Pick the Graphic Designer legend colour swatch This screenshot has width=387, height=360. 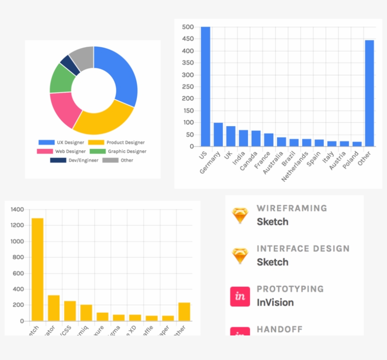point(97,151)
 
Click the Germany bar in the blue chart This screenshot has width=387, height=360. point(218,135)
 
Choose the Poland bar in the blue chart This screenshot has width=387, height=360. point(357,144)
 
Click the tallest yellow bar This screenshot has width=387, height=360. point(37,269)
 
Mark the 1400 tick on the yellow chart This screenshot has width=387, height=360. point(17,209)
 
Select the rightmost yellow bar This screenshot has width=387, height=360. point(184,312)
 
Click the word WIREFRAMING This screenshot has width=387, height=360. point(292,208)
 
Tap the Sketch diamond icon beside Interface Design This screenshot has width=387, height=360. point(240,256)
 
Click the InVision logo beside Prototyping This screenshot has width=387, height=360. point(240,297)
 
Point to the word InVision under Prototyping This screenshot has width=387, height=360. point(275,302)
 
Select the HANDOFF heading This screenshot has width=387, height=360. point(279,329)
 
